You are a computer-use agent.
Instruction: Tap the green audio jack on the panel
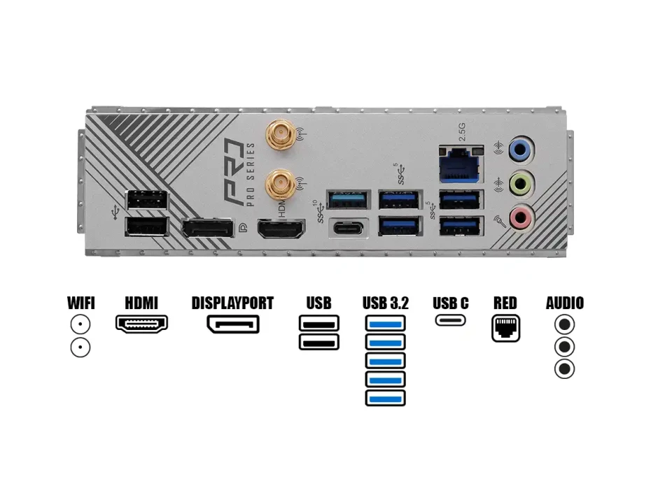coord(520,184)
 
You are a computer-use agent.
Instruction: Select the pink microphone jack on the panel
coord(520,218)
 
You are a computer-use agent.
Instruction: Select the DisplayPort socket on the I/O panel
coord(207,229)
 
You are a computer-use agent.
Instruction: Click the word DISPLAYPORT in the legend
coord(232,303)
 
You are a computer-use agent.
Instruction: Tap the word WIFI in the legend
coord(80,303)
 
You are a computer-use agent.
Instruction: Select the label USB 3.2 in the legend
coord(386,303)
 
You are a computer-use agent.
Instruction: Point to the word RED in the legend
coord(505,303)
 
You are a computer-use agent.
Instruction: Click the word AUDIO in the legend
coord(564,303)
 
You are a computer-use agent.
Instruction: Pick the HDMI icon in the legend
coord(141,324)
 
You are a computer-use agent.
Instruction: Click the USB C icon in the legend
coord(451,320)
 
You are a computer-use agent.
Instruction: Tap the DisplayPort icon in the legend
coord(232,324)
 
